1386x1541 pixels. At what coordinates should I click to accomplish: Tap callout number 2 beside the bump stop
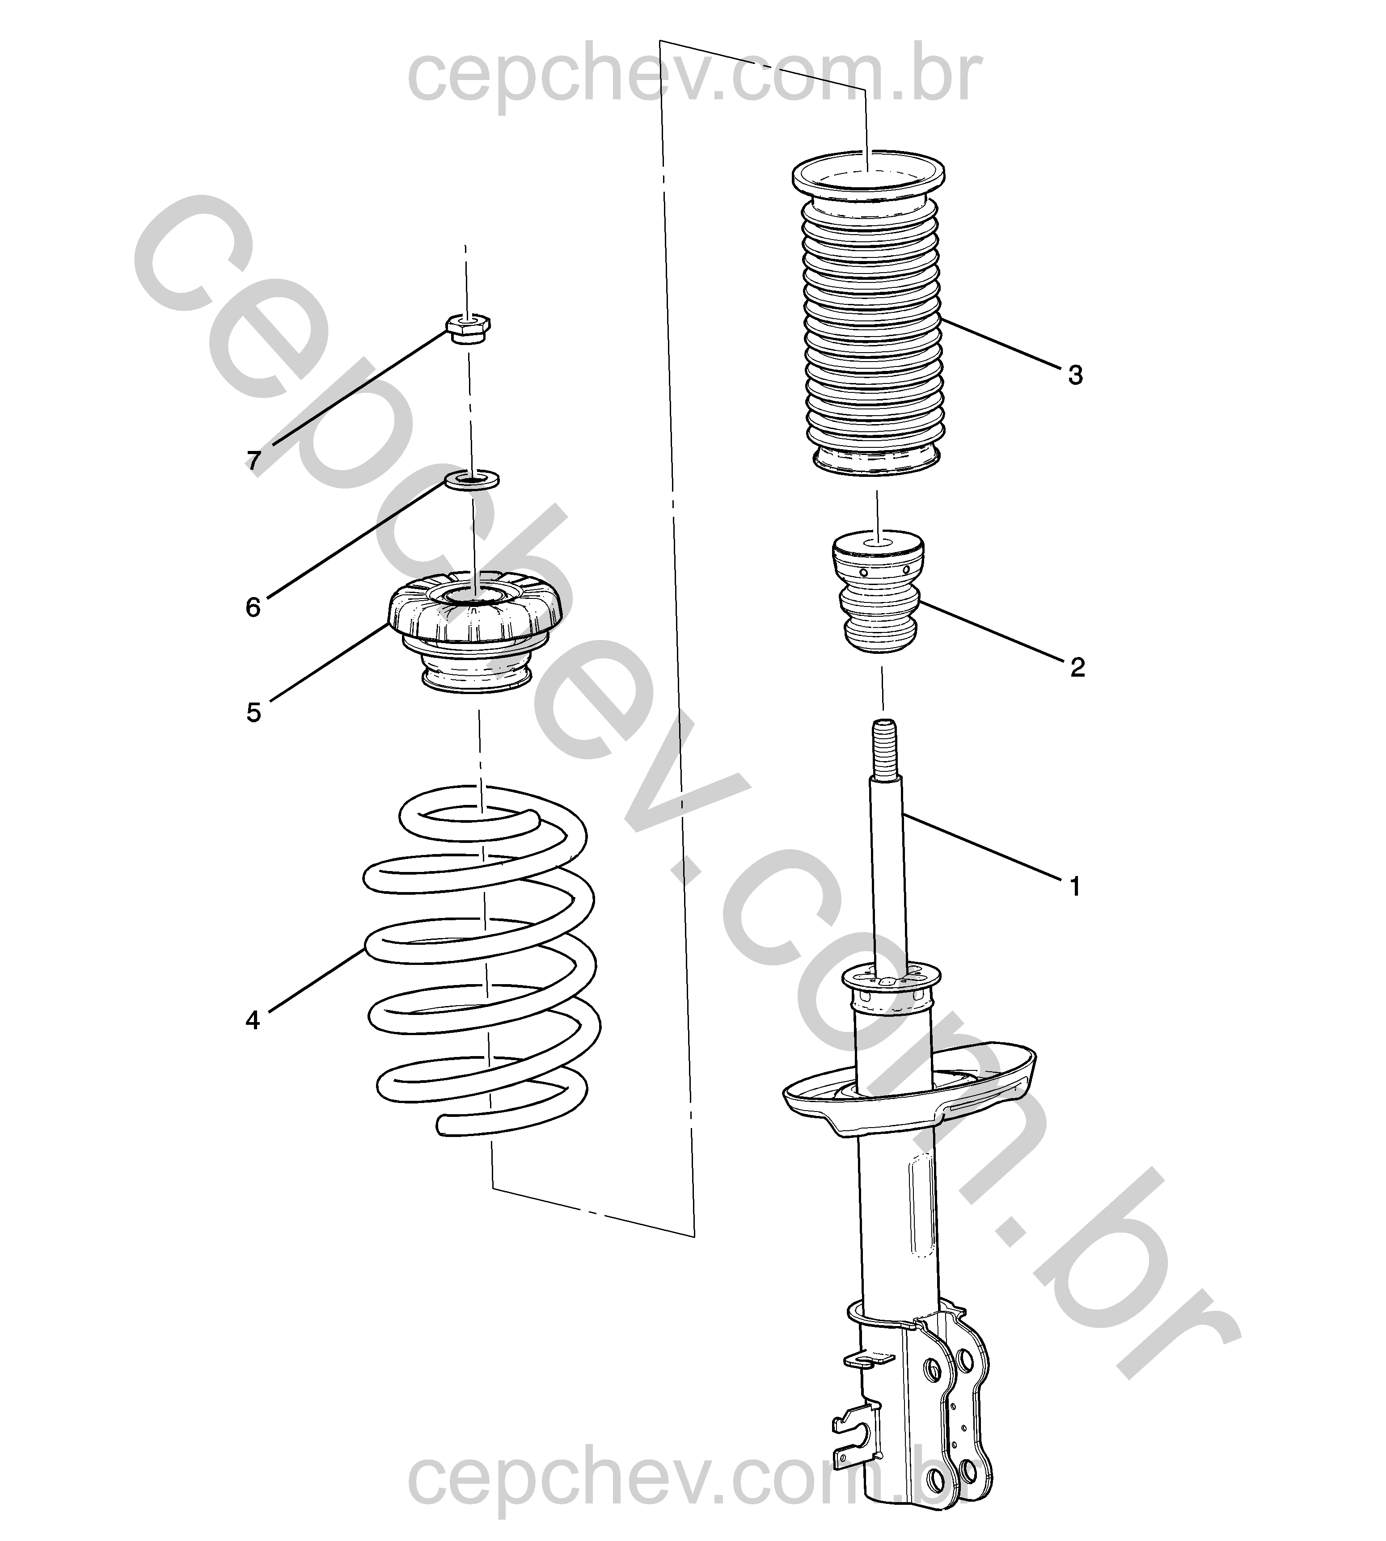1077,668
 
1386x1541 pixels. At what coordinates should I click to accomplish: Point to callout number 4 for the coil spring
253,1020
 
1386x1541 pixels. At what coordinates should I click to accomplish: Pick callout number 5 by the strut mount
254,713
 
